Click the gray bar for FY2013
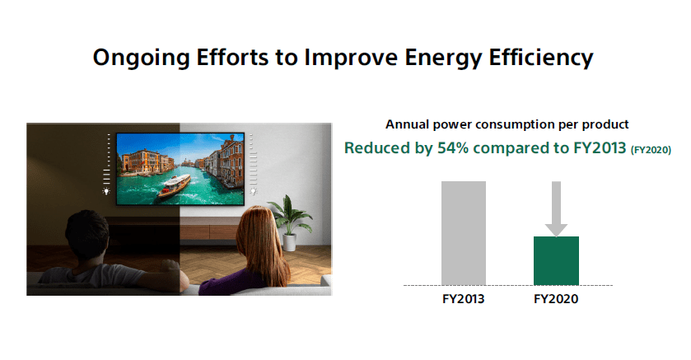pyautogui.click(x=464, y=233)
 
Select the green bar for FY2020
pyautogui.click(x=556, y=261)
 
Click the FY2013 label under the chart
pyautogui.click(x=463, y=299)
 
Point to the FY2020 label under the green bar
pyautogui.click(x=556, y=299)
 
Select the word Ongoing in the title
pyautogui.click(x=141, y=58)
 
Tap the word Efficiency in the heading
pyautogui.click(x=541, y=58)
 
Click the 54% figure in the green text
pyautogui.click(x=453, y=148)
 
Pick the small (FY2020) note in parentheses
pyautogui.click(x=651, y=150)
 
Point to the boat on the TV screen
pyautogui.click(x=175, y=185)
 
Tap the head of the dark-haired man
pyautogui.click(x=86, y=235)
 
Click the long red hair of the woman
pyautogui.click(x=261, y=245)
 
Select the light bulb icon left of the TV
pyautogui.click(x=106, y=191)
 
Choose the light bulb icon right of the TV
pyautogui.click(x=254, y=191)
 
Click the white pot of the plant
pyautogui.click(x=290, y=242)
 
